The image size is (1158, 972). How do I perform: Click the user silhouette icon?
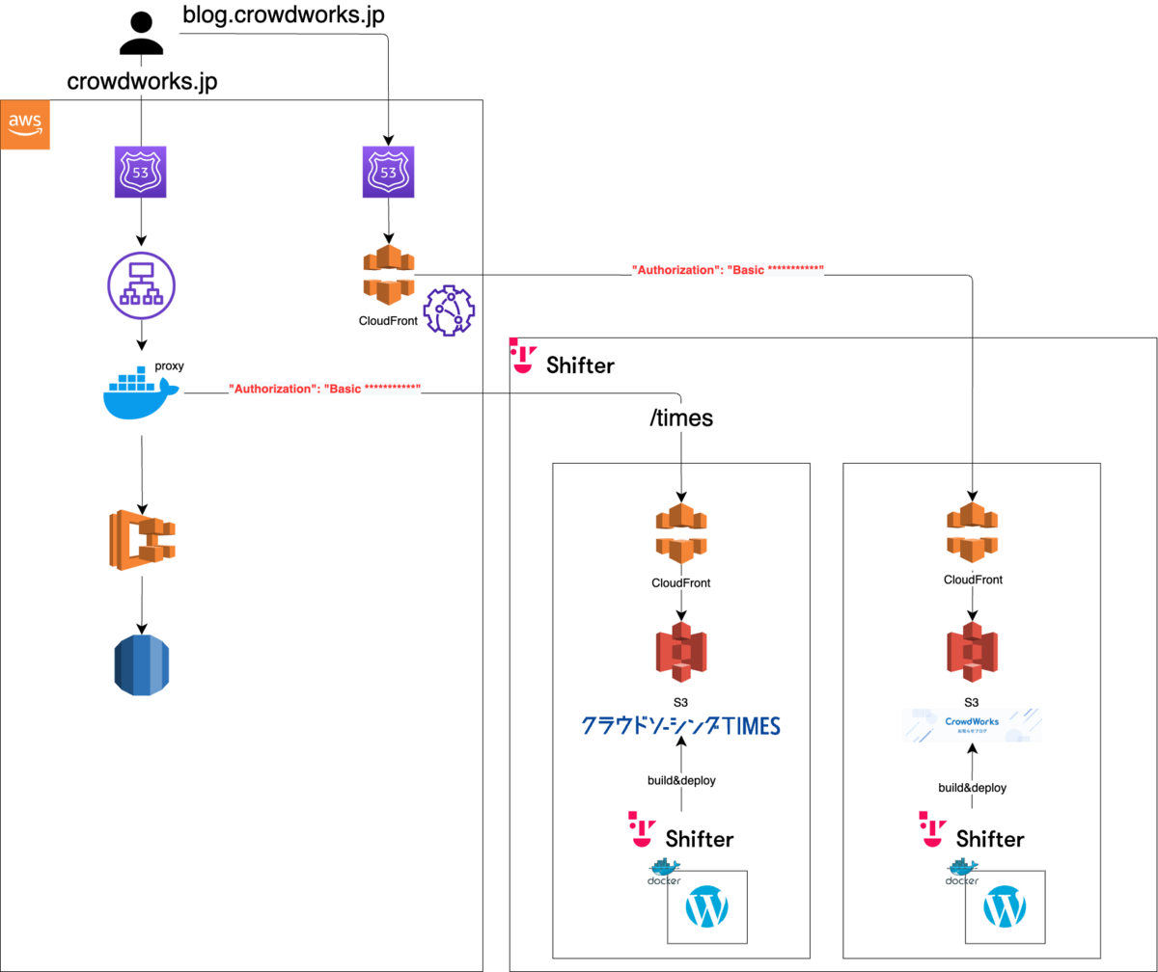pos(143,35)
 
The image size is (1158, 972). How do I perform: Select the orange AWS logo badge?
pos(25,125)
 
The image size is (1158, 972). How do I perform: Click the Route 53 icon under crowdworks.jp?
pos(141,172)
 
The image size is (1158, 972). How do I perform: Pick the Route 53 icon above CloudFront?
pos(388,172)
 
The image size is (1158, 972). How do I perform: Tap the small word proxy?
pos(169,367)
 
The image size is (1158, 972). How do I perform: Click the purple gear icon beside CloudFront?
pos(450,310)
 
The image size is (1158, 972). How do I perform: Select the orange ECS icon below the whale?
pos(142,537)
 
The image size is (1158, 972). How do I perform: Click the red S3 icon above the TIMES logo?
pos(681,653)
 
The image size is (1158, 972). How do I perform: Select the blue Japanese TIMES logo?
pos(680,725)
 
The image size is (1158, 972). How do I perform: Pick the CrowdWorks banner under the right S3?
pos(973,725)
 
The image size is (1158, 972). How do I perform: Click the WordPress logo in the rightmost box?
pos(1005,907)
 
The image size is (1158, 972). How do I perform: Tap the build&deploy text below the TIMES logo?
pos(681,780)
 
